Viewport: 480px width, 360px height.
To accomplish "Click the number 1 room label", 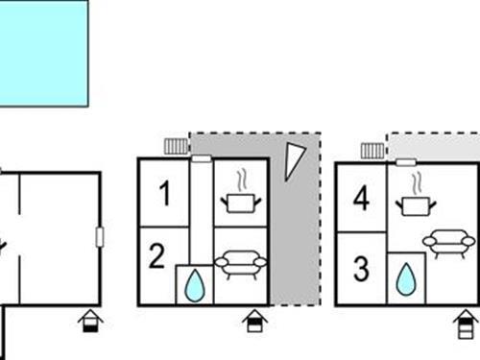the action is point(164,195).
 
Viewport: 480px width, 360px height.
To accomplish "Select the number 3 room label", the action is point(361,269).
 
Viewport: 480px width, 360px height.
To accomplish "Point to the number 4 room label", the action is point(361,200).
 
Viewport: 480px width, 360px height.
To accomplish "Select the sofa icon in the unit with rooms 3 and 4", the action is point(448,242).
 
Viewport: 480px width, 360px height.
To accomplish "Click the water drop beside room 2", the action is point(195,285).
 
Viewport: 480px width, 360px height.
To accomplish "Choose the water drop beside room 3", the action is point(406,279).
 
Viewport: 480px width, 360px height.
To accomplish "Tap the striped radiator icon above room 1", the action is point(176,146).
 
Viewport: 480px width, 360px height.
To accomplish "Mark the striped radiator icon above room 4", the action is point(372,150).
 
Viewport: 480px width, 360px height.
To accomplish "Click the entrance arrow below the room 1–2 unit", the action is point(253,320).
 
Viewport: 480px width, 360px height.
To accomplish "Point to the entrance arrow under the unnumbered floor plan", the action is point(90,320).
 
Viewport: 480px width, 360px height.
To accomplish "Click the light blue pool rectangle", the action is point(43,52).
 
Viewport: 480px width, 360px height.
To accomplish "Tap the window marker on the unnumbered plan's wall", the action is point(100,237).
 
